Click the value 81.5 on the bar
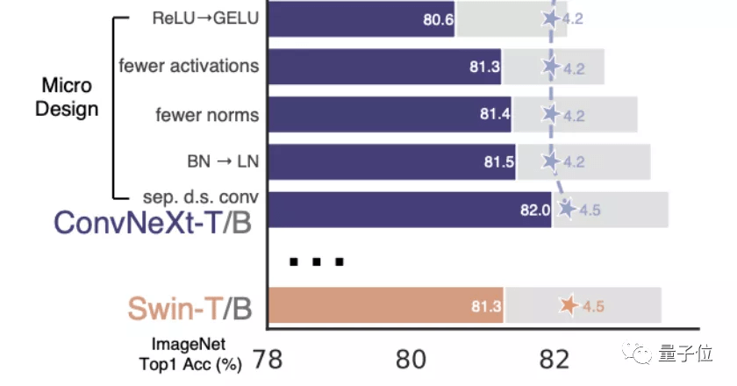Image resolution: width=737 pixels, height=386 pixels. tap(497, 162)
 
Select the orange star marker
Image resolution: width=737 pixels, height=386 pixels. tap(569, 305)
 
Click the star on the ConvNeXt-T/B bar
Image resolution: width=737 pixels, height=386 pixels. tap(567, 209)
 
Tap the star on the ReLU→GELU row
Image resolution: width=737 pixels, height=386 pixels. tap(551, 18)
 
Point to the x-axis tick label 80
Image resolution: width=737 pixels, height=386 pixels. tap(411, 358)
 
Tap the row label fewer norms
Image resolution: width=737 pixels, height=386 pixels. tap(207, 115)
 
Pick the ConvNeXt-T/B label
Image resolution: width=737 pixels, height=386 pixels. tap(153, 222)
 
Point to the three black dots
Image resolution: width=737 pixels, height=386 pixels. tap(317, 261)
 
